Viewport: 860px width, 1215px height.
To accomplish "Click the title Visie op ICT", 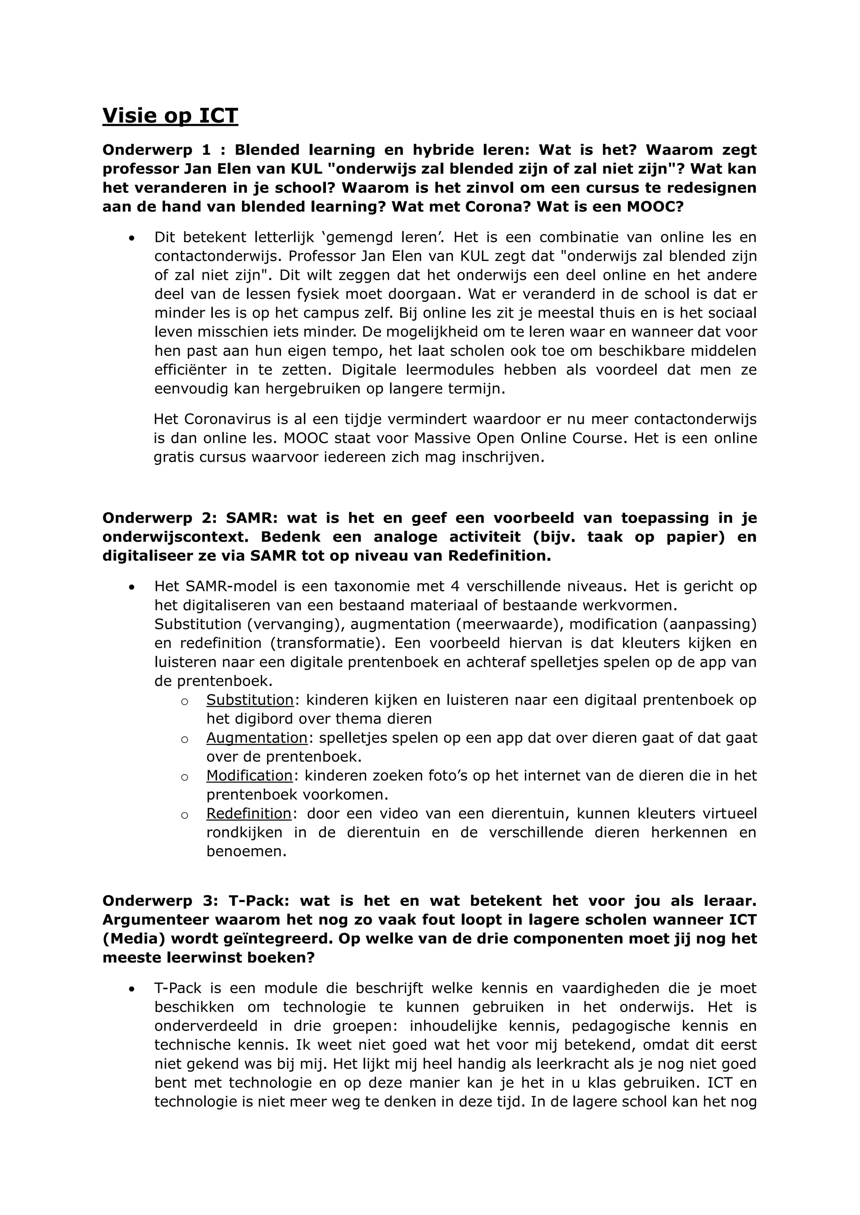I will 170,116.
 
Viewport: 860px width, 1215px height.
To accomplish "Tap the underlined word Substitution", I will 250,700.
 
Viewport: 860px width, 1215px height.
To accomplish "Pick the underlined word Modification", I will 249,776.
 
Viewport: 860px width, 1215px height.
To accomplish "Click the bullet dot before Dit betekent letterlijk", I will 131,238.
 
